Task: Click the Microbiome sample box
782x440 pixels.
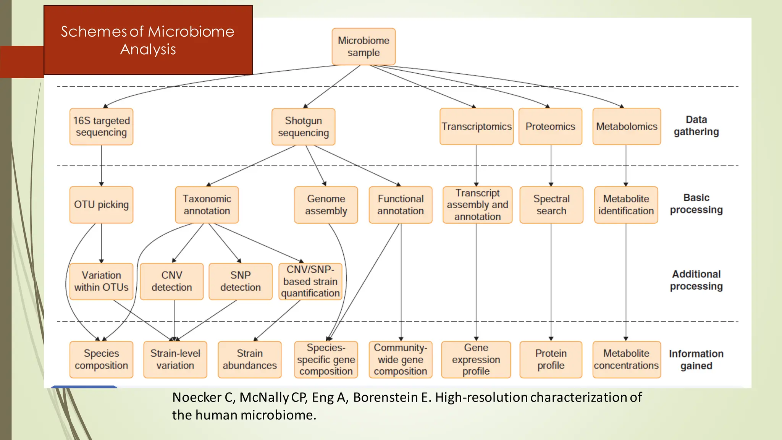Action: (x=364, y=47)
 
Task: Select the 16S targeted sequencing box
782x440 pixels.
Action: (x=101, y=126)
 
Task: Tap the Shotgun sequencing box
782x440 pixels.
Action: (x=303, y=127)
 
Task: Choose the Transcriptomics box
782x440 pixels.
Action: (x=476, y=126)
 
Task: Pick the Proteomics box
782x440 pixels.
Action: (x=550, y=126)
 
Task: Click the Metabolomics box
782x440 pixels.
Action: (x=627, y=126)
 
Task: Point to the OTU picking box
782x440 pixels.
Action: (x=101, y=205)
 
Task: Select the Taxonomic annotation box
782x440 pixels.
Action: (x=207, y=205)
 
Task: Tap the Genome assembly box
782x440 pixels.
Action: (x=326, y=205)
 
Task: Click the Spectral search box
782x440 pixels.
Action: (x=551, y=205)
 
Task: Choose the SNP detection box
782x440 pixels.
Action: (x=240, y=281)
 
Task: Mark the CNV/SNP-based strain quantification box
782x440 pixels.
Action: (x=310, y=281)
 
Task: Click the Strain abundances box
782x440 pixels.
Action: (x=249, y=359)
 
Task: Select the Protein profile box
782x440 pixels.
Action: (x=551, y=359)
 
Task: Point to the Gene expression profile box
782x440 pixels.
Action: (x=476, y=359)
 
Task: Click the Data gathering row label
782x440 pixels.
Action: (x=696, y=126)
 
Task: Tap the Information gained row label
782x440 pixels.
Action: (x=696, y=359)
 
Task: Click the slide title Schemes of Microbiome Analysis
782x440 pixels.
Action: (x=148, y=40)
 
